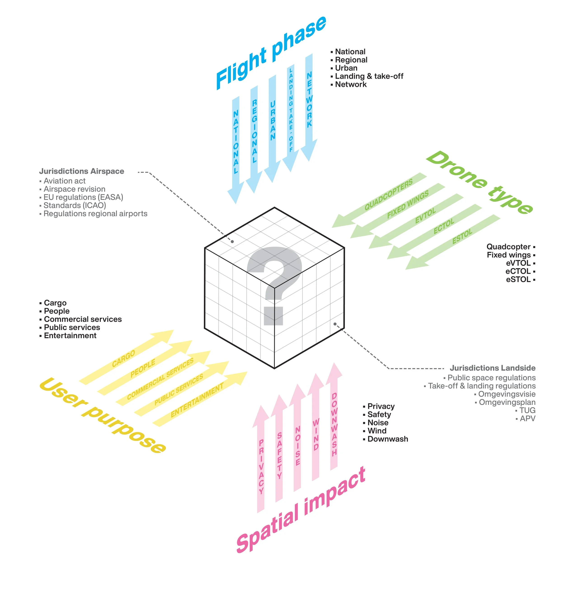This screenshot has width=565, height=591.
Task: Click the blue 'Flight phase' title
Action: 271,53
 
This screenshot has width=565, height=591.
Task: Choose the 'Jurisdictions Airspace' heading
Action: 82,171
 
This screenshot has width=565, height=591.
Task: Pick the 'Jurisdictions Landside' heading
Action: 492,368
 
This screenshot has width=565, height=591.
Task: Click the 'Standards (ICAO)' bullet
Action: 74,206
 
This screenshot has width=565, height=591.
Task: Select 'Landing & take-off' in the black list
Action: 369,76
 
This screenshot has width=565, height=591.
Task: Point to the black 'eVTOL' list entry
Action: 518,263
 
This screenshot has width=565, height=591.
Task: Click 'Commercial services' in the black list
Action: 83,319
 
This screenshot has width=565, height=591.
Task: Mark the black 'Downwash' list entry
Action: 388,439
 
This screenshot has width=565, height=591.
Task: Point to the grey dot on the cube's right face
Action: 335,324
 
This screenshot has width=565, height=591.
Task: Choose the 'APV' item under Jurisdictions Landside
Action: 527,418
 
